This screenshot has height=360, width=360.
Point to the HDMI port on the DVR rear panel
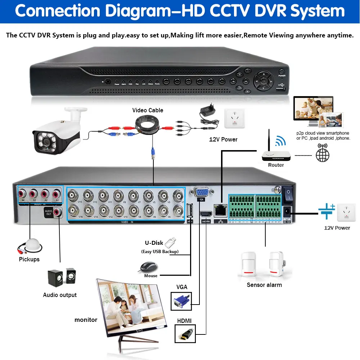tap(206, 214)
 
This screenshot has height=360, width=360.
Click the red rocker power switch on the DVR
tap(288, 195)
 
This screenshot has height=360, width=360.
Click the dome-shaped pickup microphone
tap(31, 245)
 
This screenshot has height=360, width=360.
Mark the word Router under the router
tap(276, 165)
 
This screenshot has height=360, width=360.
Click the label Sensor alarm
tap(264, 285)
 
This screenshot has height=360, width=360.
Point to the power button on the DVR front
tap(282, 72)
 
